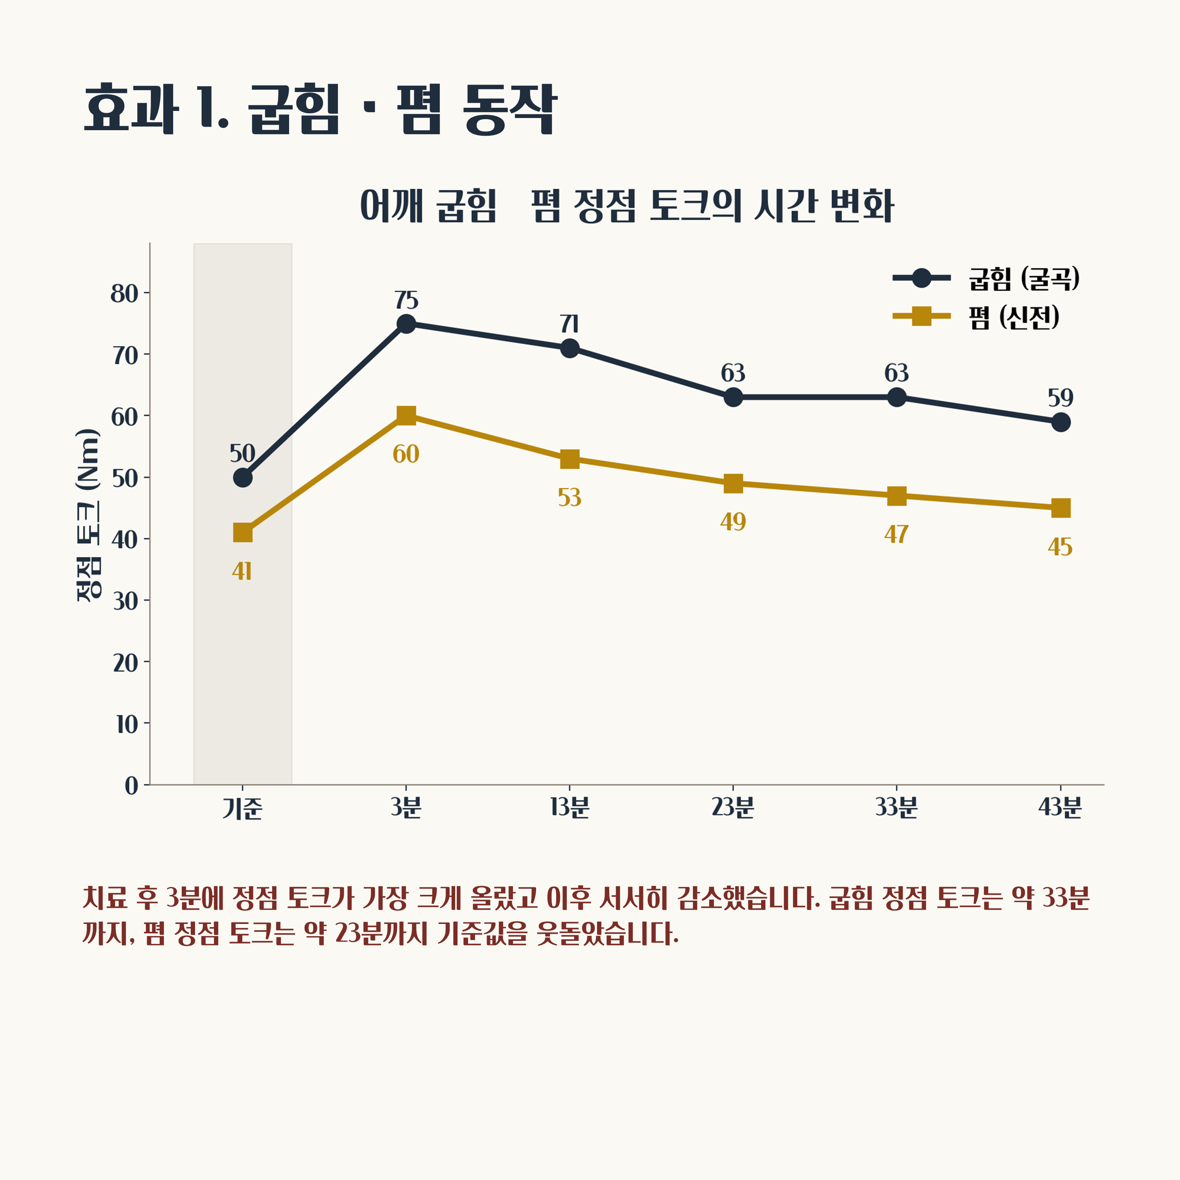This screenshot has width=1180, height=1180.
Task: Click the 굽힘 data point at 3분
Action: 406,324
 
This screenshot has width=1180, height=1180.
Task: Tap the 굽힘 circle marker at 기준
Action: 242,478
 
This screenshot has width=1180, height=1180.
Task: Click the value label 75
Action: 406,301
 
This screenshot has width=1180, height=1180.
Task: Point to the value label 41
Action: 242,572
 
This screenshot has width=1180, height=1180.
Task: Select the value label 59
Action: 1061,398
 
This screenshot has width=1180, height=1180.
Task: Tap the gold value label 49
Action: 733,522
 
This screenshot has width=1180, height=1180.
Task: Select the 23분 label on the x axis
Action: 733,808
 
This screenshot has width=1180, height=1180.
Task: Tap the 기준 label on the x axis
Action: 242,808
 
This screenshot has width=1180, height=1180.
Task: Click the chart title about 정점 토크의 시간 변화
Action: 627,206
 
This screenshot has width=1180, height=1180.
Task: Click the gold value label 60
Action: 406,454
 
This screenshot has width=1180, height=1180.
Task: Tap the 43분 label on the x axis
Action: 1060,808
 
